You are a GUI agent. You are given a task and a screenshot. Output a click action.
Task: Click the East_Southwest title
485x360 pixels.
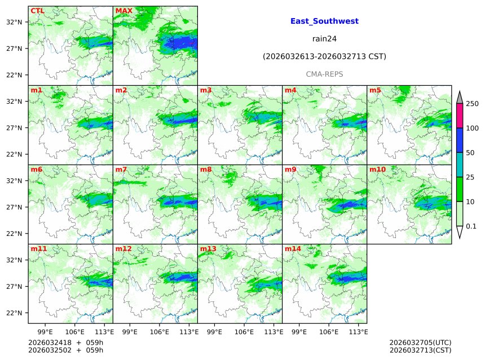pyautogui.click(x=324, y=21)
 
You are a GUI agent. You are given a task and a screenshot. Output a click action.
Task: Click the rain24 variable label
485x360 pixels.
pyautogui.click(x=324, y=39)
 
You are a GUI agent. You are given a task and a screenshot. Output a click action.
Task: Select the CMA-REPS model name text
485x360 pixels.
pyautogui.click(x=324, y=74)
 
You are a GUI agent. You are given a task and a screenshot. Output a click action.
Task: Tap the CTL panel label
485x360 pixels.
pyautogui.click(x=37, y=11)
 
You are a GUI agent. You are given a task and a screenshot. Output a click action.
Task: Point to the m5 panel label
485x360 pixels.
pyautogui.click(x=375, y=90)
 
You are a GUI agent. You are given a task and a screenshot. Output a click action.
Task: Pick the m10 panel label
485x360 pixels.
pyautogui.click(x=377, y=169)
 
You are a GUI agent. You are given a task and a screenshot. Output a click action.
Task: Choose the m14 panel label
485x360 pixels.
pyautogui.click(x=293, y=249)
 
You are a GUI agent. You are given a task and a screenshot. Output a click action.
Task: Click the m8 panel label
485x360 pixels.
pyautogui.click(x=206, y=169)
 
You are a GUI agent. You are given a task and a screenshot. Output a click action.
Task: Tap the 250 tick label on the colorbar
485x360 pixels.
pyautogui.click(x=472, y=104)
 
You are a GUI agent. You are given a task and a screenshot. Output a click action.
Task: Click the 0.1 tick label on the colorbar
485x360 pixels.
pyautogui.click(x=471, y=226)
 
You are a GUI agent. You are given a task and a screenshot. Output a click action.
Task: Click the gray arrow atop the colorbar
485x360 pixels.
pyautogui.click(x=460, y=97)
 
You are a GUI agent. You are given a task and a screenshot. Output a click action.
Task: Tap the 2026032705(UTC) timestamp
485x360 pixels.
pyautogui.click(x=420, y=343)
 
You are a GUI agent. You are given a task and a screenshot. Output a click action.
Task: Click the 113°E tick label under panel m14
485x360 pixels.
pyautogui.click(x=358, y=331)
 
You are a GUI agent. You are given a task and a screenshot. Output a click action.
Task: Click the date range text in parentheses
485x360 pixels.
pyautogui.click(x=324, y=56)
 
